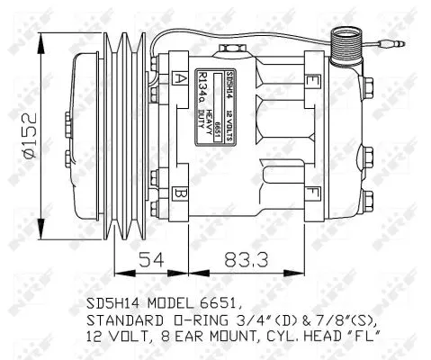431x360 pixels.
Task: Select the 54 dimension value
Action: coord(151,260)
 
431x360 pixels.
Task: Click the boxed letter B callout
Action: coord(180,192)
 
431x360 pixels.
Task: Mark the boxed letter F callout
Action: coord(312,192)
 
